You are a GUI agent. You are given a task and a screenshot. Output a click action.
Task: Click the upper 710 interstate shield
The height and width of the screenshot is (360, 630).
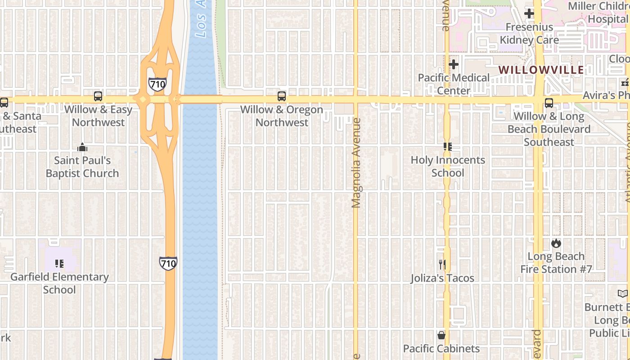pos(157,84)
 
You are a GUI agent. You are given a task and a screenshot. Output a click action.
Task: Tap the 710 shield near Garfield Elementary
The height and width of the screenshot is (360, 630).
pos(168,263)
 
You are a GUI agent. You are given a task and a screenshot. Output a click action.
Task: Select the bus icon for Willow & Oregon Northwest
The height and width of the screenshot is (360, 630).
pos(282,96)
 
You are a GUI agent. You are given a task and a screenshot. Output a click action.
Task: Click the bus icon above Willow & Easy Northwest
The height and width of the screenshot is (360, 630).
pos(98,96)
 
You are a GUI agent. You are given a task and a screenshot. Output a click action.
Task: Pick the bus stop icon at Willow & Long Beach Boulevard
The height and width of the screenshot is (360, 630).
pos(549,103)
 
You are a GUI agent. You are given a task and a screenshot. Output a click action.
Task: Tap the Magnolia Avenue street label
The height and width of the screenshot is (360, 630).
pos(356,163)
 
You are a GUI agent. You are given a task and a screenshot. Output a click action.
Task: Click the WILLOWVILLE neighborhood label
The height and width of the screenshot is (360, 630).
pos(541,70)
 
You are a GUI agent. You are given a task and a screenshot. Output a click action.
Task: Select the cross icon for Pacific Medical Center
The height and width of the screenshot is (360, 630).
pos(454,64)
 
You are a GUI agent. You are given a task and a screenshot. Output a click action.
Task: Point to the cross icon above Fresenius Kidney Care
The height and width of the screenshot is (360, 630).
pos(529,13)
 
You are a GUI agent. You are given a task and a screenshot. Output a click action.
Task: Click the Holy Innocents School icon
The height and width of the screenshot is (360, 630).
pos(448,147)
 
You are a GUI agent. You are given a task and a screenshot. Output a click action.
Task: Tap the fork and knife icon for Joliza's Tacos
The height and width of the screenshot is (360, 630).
pos(442,265)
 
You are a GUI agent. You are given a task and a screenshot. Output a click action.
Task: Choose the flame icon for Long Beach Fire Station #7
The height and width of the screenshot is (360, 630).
pos(556,243)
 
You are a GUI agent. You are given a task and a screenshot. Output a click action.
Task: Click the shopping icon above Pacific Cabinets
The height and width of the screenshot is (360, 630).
pos(441,335)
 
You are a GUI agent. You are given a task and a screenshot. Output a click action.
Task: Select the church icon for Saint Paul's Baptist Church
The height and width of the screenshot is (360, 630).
pos(82,147)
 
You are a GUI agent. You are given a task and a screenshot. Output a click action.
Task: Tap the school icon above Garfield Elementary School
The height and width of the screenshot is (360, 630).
pos(59,264)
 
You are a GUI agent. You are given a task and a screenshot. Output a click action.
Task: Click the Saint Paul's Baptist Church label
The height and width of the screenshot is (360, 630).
pos(82,167)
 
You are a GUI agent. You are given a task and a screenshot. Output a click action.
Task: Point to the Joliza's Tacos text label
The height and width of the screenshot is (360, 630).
pos(442,278)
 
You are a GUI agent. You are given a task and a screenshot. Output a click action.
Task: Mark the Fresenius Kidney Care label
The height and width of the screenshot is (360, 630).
pos(529,34)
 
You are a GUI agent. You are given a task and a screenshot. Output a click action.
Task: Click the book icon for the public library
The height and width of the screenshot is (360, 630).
pos(623,294)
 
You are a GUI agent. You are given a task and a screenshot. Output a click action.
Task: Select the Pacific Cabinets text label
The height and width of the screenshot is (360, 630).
pos(441,349)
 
